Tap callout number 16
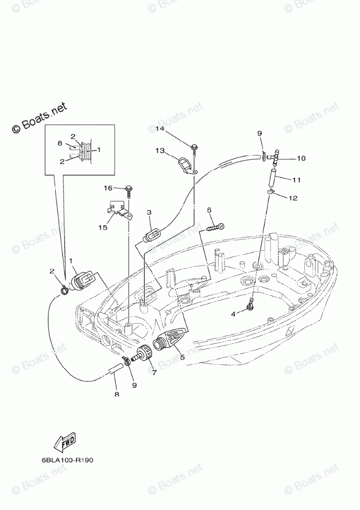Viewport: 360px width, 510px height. (x=109, y=188)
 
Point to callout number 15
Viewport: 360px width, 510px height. (x=104, y=227)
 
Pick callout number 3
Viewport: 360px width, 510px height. (x=149, y=212)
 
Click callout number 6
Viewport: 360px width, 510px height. (x=209, y=210)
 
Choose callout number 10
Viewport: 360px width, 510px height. (x=301, y=158)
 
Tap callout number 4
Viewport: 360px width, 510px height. (x=233, y=313)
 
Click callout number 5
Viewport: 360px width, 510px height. (x=181, y=356)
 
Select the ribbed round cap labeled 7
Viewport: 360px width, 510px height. (x=146, y=354)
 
